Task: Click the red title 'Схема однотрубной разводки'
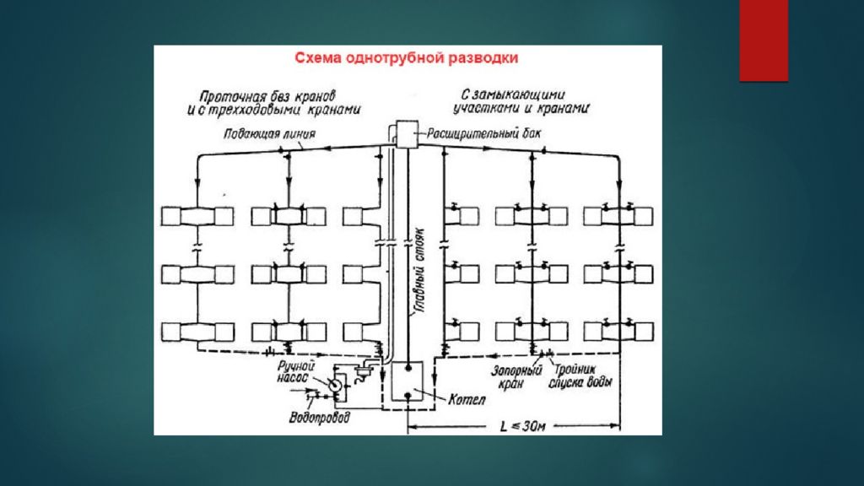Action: (406, 58)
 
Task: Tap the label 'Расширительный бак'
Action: (484, 133)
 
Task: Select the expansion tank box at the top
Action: (407, 134)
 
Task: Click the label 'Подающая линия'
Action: (269, 133)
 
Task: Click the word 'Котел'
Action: (467, 399)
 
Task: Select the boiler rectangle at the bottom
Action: (408, 381)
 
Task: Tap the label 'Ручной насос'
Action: (296, 372)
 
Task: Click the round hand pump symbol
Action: (335, 385)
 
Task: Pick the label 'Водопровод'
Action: (320, 417)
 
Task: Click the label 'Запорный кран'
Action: (516, 377)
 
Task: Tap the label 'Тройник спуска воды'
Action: (580, 375)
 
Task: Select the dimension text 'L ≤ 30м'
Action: (522, 426)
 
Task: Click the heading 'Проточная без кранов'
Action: (267, 96)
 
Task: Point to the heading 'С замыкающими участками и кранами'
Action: (521, 101)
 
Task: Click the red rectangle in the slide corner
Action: (764, 40)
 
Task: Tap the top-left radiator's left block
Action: (170, 216)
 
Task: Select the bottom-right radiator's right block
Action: (644, 332)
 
